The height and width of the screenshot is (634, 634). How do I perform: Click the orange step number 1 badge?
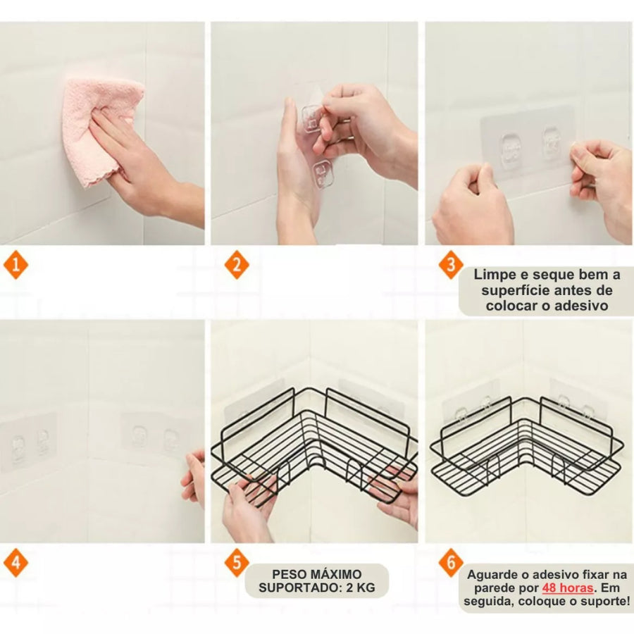pos(15,266)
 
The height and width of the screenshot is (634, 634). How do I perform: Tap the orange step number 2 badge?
pos(237,266)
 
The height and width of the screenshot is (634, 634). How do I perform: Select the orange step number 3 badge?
pos(451,266)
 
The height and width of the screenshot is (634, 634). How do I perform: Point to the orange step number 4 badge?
pos(15,562)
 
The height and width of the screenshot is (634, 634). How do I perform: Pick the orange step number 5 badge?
pos(237,562)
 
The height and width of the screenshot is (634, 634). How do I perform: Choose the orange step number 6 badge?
pos(451,562)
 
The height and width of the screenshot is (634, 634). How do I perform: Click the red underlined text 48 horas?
pos(568,588)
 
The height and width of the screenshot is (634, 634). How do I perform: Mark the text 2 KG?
pos(360,588)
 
